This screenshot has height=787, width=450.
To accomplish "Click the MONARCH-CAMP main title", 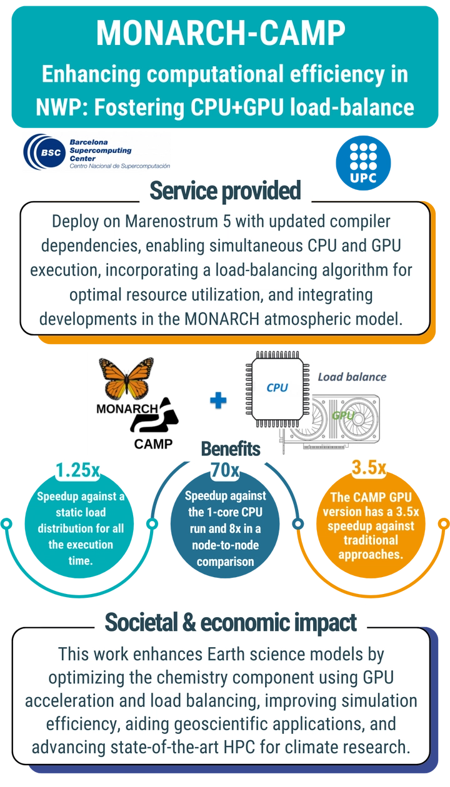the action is coord(221,32).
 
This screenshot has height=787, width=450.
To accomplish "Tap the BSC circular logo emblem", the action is coord(44,152).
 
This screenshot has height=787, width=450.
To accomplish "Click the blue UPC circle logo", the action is coord(363,162).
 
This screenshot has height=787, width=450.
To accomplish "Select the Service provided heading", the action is coord(226,191).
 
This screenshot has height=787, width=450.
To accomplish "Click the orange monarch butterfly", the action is coord(126,378).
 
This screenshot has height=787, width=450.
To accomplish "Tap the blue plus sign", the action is coord(218,400).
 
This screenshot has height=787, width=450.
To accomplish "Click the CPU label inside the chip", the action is coord(277,387).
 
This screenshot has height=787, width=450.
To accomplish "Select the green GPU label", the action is coord(342,415).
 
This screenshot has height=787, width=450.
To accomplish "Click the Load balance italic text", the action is coord(352,377).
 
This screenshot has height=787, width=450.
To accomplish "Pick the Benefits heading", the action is coord(231,448).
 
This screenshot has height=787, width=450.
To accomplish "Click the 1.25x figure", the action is coord(77,470).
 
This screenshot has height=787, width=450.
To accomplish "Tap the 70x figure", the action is coord(225,470).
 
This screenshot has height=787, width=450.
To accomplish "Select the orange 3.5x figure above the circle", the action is coord(369,468).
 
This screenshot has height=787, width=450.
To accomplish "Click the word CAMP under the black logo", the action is coord(153,444).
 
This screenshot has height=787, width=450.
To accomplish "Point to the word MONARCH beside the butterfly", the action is coord(127,408).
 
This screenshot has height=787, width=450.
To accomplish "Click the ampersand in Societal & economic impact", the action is coord(189,622).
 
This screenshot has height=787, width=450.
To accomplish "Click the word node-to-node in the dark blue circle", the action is coord(226,545).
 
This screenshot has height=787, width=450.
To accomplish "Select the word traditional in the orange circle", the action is coord(371,540).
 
